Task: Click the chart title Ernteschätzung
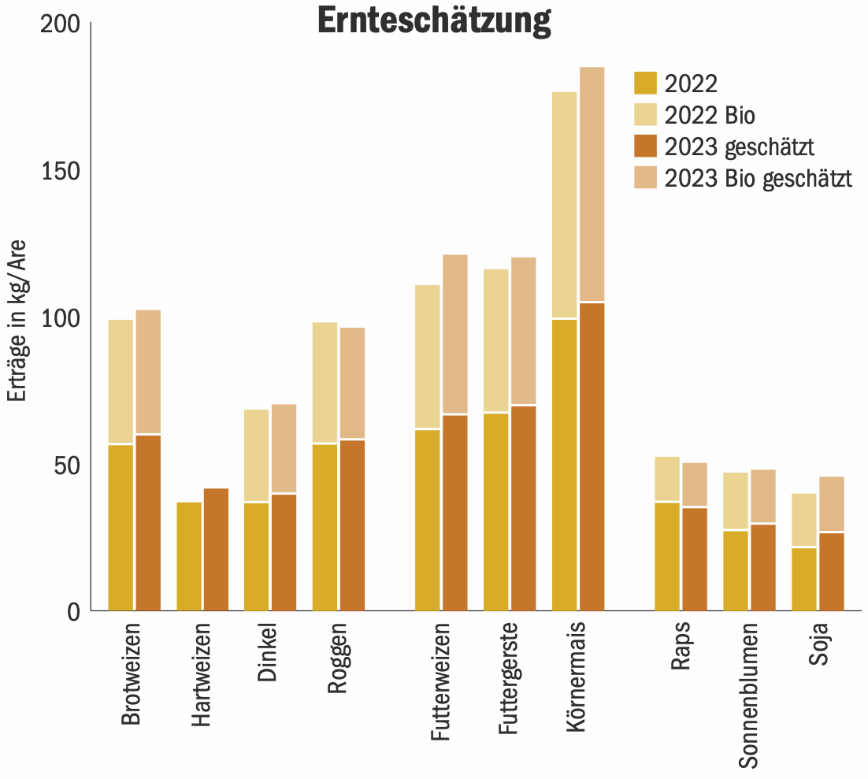click(434, 21)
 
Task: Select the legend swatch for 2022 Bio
click(645, 115)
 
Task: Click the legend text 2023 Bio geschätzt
click(759, 178)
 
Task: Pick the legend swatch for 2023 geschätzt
click(645, 147)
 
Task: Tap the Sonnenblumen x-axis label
click(748, 696)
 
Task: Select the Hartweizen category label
click(202, 676)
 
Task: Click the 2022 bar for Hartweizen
click(189, 556)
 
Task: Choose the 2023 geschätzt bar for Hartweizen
click(216, 549)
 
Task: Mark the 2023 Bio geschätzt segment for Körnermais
click(592, 184)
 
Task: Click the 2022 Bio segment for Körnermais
click(565, 205)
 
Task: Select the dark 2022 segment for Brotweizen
click(121, 527)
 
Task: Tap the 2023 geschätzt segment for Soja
click(832, 571)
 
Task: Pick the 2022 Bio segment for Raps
click(667, 479)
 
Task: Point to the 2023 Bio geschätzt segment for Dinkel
click(284, 448)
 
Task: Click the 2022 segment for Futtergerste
click(496, 511)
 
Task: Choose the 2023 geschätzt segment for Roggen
click(352, 525)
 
